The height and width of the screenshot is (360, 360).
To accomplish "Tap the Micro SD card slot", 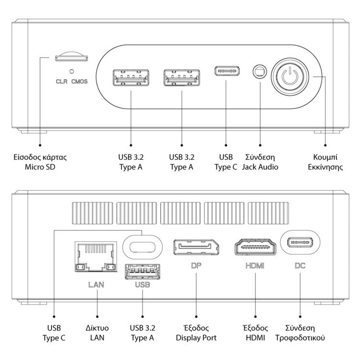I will pos(72,58).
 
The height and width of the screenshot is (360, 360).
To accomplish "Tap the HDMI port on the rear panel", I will pos(255,248).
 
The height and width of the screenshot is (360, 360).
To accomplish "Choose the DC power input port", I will pos(300,242).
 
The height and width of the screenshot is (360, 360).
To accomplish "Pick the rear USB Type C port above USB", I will pos(143,244).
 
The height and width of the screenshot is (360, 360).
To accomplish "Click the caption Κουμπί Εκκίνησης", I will pos(326,162).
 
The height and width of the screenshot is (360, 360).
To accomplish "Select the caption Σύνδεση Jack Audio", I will pos(260,162).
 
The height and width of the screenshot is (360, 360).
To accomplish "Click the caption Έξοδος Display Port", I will pos(197,333).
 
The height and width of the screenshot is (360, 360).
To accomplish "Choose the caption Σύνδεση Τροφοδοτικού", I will pos(300,333).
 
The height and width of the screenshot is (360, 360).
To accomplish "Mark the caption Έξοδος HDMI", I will pos(255,333).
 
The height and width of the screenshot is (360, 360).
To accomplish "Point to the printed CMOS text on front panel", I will pos(80,81).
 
